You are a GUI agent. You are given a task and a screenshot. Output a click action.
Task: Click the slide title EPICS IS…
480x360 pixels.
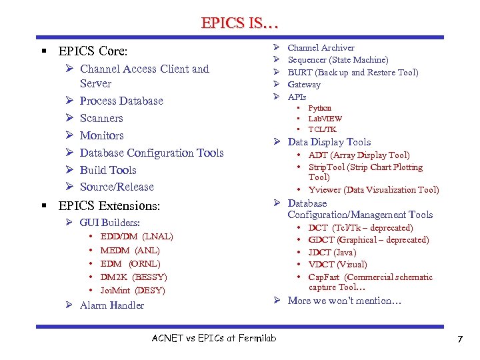tap(239, 23)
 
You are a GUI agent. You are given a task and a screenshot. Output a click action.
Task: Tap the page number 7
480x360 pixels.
tap(459, 340)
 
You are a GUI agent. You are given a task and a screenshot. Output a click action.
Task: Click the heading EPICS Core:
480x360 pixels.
tap(93, 51)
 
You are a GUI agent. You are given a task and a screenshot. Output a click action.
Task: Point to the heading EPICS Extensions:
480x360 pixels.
tap(109, 206)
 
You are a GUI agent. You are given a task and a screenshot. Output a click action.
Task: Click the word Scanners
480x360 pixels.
tap(101, 118)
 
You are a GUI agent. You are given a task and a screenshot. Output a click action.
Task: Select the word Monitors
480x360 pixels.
tap(101, 135)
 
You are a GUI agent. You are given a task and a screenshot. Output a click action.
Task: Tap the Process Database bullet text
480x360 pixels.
tap(121, 101)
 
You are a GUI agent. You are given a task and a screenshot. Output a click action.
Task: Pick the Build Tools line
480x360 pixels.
tap(108, 170)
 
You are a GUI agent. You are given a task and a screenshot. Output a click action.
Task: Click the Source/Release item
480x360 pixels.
tap(117, 187)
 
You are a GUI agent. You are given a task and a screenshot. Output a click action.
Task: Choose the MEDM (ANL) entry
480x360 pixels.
tap(130, 250)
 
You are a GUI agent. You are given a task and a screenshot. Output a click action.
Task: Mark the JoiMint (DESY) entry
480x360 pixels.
tap(133, 290)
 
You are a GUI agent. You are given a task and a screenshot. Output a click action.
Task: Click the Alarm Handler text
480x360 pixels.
tap(111, 305)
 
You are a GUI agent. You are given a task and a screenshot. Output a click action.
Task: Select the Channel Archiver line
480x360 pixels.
tap(321, 47)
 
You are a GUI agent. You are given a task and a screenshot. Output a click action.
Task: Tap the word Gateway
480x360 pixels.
tap(304, 85)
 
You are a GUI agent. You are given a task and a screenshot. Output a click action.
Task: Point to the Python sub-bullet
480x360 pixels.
tap(319, 108)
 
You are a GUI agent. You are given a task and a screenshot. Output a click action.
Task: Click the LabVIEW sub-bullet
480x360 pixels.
tap(324, 118)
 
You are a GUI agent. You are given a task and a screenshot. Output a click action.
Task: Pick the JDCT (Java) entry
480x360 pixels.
tap(332, 252)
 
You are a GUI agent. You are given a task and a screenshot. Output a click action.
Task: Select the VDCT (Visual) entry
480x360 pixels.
tap(337, 265)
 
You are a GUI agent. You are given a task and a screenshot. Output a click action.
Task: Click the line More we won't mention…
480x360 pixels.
tap(344, 301)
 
